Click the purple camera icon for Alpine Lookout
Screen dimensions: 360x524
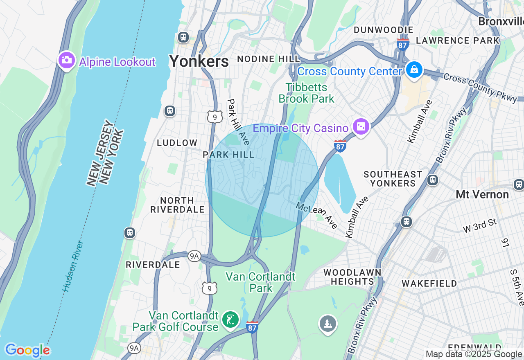click(66, 61)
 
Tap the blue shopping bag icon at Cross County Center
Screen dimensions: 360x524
click(414, 70)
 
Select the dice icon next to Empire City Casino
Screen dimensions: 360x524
click(361, 127)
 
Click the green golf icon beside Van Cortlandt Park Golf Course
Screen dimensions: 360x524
click(230, 320)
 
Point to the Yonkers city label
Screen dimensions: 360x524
click(199, 61)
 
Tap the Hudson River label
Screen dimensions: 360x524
click(74, 266)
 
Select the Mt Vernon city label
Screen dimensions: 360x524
click(482, 194)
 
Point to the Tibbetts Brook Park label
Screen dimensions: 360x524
click(306, 93)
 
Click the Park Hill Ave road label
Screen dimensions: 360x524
click(238, 122)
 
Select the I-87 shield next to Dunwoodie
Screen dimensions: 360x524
click(403, 44)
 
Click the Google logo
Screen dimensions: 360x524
click(28, 350)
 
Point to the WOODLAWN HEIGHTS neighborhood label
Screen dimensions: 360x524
click(352, 277)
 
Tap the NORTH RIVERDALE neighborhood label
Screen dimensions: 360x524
click(177, 205)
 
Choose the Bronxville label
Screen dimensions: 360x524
click(501, 21)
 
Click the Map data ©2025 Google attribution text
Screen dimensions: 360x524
click(474, 354)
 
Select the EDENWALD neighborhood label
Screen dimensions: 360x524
click(475, 348)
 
